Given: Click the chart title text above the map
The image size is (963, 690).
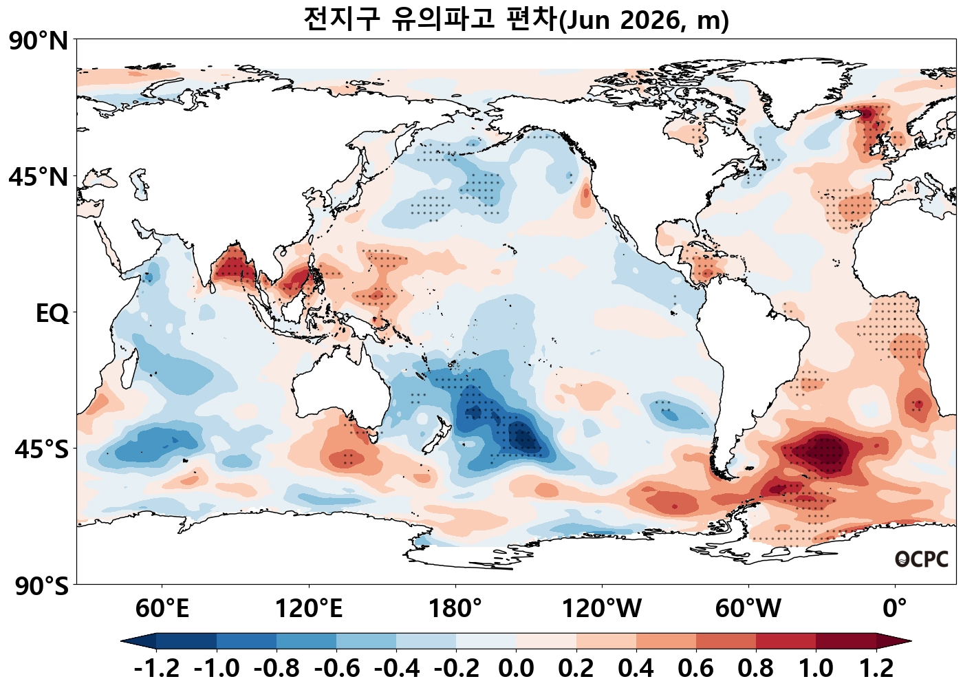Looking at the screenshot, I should (516, 19).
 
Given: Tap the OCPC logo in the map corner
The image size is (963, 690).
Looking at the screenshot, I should (921, 559).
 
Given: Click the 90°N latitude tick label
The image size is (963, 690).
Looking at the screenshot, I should (39, 41).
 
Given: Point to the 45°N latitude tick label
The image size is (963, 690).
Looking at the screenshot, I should (39, 177).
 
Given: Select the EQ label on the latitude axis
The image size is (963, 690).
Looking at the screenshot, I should (52, 314).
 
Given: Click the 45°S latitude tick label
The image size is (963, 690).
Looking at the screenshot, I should (41, 449).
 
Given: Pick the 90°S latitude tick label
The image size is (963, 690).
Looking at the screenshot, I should (41, 586).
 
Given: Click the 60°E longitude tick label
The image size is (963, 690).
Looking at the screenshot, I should (162, 609).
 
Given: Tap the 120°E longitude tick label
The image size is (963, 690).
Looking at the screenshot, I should (308, 609).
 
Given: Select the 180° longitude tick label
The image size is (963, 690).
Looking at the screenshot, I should (455, 609).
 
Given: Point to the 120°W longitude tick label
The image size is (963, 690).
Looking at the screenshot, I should (602, 609).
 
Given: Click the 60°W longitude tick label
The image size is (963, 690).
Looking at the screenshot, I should (748, 609).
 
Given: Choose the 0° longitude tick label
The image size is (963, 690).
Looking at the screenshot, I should (895, 609).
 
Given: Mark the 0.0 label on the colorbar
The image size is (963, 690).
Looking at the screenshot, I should (516, 668).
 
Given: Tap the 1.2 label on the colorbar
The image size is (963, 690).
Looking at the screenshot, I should (876, 668).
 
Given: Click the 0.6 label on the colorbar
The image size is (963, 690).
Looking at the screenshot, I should (696, 668).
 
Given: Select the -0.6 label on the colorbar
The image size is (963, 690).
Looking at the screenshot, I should (336, 668).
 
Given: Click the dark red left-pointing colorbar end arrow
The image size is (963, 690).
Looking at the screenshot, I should (894, 641).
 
